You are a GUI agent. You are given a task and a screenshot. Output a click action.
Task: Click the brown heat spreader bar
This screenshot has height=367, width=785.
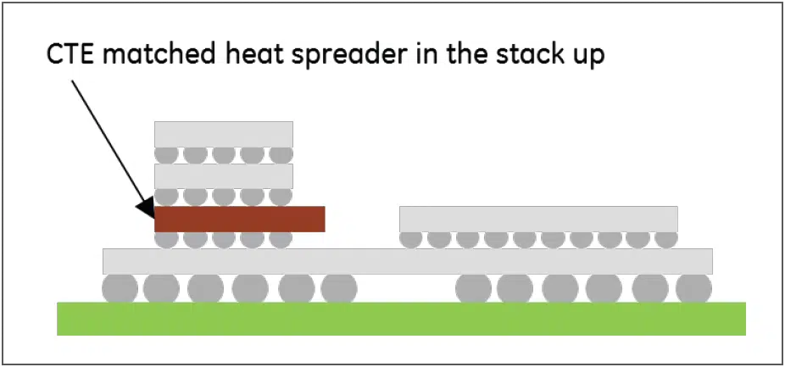tap(239, 219)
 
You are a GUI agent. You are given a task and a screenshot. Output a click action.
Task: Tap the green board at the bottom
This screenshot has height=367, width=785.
tap(401, 319)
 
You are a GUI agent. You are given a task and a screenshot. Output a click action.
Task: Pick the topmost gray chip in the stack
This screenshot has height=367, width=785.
tap(223, 134)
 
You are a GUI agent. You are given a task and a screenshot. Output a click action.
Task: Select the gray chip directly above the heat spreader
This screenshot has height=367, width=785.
tap(223, 176)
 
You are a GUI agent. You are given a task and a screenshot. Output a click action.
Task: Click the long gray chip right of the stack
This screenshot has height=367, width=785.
tap(538, 219)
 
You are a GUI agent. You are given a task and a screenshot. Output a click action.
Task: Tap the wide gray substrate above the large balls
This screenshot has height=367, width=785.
tap(408, 261)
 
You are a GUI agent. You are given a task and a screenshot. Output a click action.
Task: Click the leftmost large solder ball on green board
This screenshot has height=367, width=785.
tap(120, 288)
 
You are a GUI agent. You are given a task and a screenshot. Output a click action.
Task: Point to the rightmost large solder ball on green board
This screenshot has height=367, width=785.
tap(694, 288)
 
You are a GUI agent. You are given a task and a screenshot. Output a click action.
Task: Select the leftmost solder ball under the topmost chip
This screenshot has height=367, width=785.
tap(166, 155)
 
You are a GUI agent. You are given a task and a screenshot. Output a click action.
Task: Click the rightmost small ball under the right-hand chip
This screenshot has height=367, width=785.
tap(665, 240)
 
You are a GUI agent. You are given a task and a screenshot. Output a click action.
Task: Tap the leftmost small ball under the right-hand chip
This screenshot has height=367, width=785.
tap(411, 240)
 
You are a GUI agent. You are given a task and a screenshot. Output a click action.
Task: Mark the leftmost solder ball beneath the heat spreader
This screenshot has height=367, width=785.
tap(166, 240)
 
